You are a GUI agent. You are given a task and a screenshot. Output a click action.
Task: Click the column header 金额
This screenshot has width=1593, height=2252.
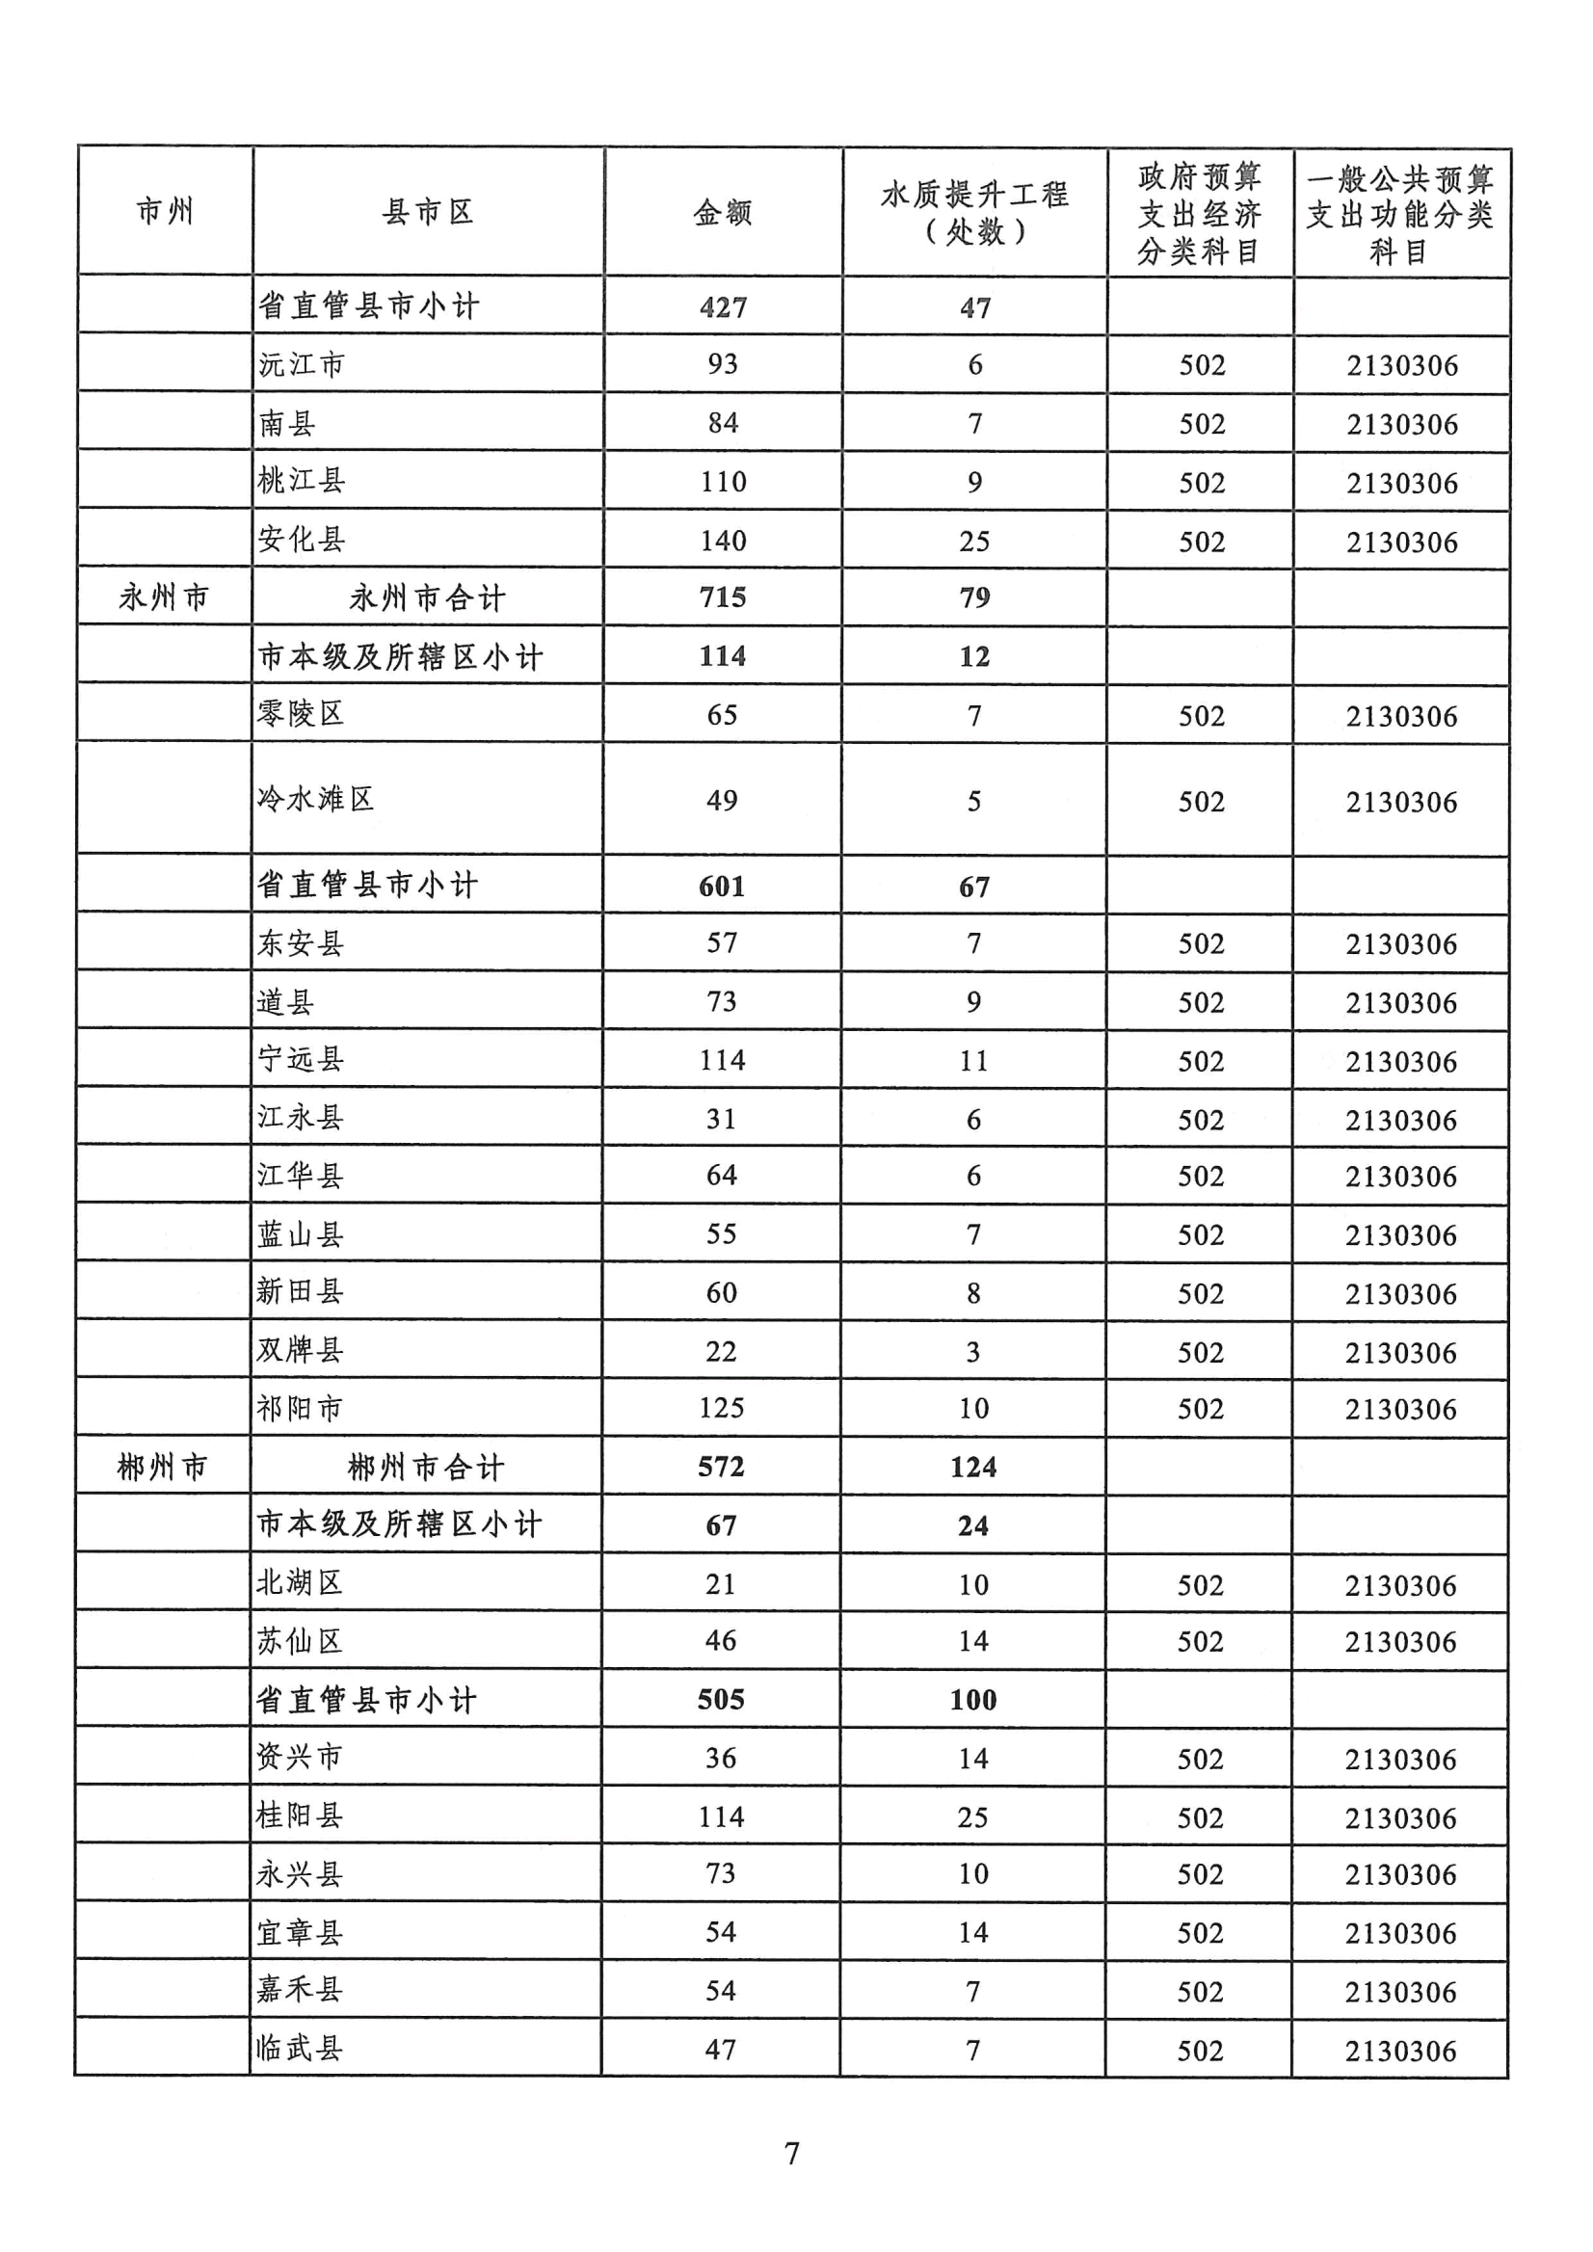coord(722,213)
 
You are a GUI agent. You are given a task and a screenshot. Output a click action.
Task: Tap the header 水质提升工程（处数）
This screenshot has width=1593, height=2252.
coord(974,213)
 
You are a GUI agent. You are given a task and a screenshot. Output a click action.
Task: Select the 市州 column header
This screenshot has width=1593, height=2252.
coord(165,212)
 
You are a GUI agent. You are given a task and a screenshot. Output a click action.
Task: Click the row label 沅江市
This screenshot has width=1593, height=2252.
coord(301,365)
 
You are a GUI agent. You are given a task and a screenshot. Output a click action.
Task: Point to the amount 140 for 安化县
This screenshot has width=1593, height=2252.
coord(723,541)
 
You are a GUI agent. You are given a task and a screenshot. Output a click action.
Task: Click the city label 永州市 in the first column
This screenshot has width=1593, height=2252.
coord(164,597)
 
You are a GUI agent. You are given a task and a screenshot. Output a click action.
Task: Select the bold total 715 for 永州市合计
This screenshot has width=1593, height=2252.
coord(723,597)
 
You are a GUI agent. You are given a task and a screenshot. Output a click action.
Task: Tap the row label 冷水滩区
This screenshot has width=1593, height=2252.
coord(315,800)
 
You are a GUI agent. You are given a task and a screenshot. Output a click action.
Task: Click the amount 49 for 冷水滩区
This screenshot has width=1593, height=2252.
coord(722,801)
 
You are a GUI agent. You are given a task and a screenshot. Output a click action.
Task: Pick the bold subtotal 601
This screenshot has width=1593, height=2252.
coord(722,887)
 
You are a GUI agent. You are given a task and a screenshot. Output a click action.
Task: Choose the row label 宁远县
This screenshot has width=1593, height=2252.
coord(300,1059)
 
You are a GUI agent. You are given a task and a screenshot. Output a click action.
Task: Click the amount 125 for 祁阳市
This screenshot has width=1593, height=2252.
coord(721,1409)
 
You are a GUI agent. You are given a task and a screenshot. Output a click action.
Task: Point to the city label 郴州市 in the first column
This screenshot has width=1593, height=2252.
coord(163,1468)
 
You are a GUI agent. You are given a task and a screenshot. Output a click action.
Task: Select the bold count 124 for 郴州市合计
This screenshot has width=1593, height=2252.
coord(973,1468)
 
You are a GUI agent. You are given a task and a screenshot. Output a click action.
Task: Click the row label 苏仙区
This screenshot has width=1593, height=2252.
coord(299,1641)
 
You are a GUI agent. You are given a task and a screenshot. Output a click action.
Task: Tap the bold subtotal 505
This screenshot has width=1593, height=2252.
coord(721,1700)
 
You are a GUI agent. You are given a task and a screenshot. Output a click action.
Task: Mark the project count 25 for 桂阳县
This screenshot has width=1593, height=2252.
coord(973,1816)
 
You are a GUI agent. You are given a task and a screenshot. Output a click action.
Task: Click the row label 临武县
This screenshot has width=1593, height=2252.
coord(299,2048)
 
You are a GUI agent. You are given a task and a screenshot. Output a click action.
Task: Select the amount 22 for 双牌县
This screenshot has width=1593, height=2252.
coord(721,1352)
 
